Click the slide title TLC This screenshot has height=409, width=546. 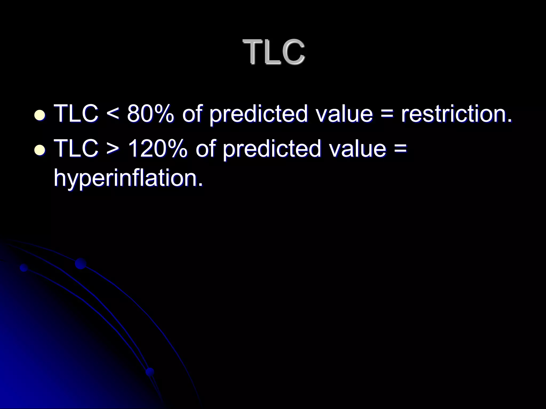tap(274, 52)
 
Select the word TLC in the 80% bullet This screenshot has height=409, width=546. tap(76, 114)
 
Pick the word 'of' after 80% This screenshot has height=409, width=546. tap(191, 114)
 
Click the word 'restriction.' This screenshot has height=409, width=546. tap(456, 114)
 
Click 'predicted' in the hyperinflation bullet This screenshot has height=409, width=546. tap(272, 149)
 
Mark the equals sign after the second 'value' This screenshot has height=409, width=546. tap(400, 149)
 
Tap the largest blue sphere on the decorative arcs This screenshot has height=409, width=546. tap(81, 264)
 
